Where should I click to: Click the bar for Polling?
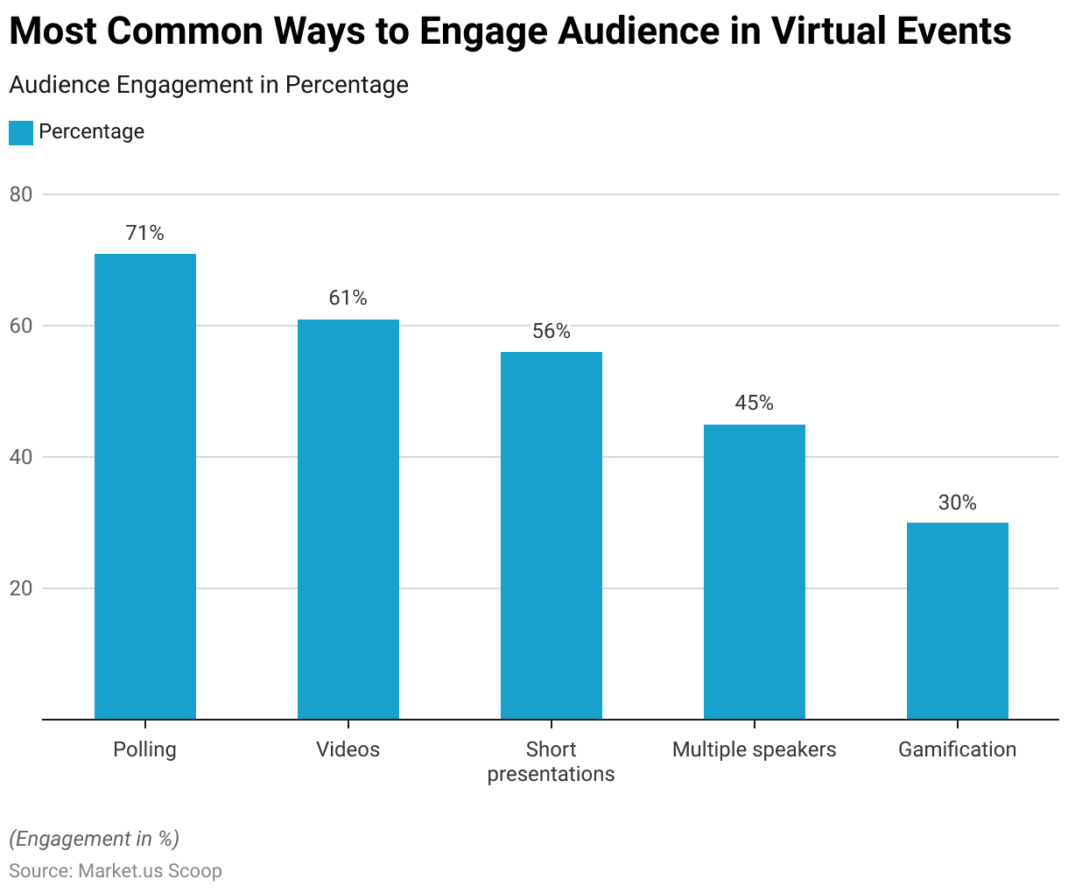coord(145,486)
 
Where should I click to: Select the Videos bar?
coord(348,519)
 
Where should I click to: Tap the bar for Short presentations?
coord(552,535)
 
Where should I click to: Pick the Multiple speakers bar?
coord(755,572)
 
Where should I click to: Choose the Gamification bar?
coord(958,621)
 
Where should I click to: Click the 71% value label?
coord(145,233)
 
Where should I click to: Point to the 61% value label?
coord(348,299)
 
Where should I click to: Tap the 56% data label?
coord(552,331)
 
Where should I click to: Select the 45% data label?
coord(755,403)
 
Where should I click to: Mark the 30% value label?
coord(958,503)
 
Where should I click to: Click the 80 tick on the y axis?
coord(21,194)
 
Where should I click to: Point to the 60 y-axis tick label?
coord(21,326)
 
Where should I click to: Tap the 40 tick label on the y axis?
coord(21,457)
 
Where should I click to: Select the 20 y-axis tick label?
coord(21,588)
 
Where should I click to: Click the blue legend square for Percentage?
coord(21,133)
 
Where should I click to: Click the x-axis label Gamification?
coord(958,749)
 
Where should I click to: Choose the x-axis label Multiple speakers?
coord(755,749)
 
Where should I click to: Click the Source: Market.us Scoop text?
coord(116,871)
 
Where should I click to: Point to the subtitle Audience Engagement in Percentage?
coord(208,85)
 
